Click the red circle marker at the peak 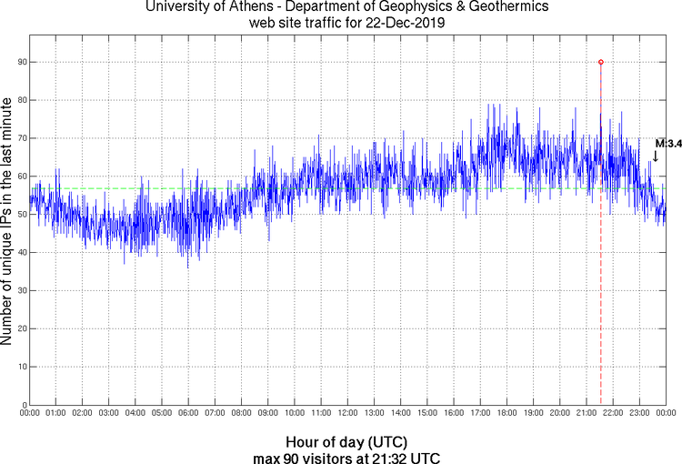pos(601,62)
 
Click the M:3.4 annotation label pos(668,143)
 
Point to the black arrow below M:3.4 pos(656,156)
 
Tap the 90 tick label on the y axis pos(20,62)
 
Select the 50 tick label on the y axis pos(20,215)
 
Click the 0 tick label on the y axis pos(23,405)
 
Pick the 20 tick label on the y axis pos(20,328)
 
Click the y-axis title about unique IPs pos(8,223)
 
